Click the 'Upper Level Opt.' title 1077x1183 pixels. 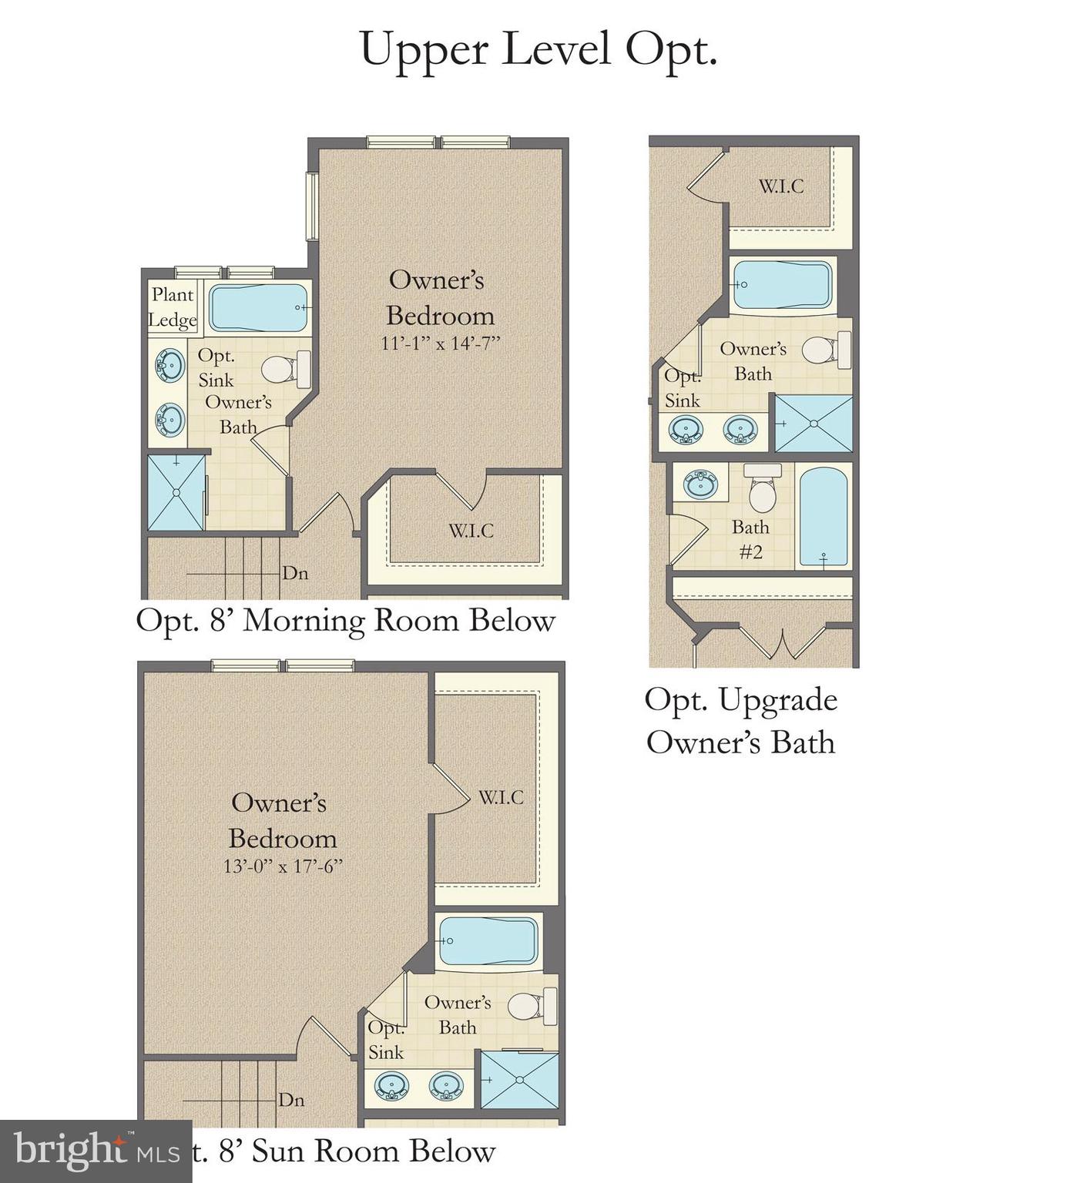pyautogui.click(x=538, y=50)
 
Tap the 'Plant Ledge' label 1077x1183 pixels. pyautogui.click(x=173, y=307)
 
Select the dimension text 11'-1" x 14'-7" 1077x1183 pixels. pyautogui.click(x=440, y=344)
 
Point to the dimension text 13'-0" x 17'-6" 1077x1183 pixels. pyautogui.click(x=283, y=866)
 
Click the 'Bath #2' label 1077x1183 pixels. pyautogui.click(x=750, y=539)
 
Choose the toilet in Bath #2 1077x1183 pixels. pyautogui.click(x=762, y=490)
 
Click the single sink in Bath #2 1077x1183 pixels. pyautogui.click(x=700, y=484)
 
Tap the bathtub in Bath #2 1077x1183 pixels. pyautogui.click(x=823, y=516)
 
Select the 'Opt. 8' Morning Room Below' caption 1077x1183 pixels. pyautogui.click(x=345, y=621)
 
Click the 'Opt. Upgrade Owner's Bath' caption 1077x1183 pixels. pyautogui.click(x=740, y=721)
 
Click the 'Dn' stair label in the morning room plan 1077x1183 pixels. pyautogui.click(x=295, y=573)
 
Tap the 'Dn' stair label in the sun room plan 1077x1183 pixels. pyautogui.click(x=291, y=1100)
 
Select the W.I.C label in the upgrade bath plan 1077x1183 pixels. pyautogui.click(x=780, y=186)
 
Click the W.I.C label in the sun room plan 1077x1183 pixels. pyautogui.click(x=501, y=798)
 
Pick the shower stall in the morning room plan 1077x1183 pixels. pyautogui.click(x=176, y=492)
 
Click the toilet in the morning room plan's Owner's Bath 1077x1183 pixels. pyautogui.click(x=284, y=369)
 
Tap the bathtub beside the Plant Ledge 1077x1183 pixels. pyautogui.click(x=258, y=308)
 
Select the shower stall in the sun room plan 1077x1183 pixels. pyautogui.click(x=519, y=1080)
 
